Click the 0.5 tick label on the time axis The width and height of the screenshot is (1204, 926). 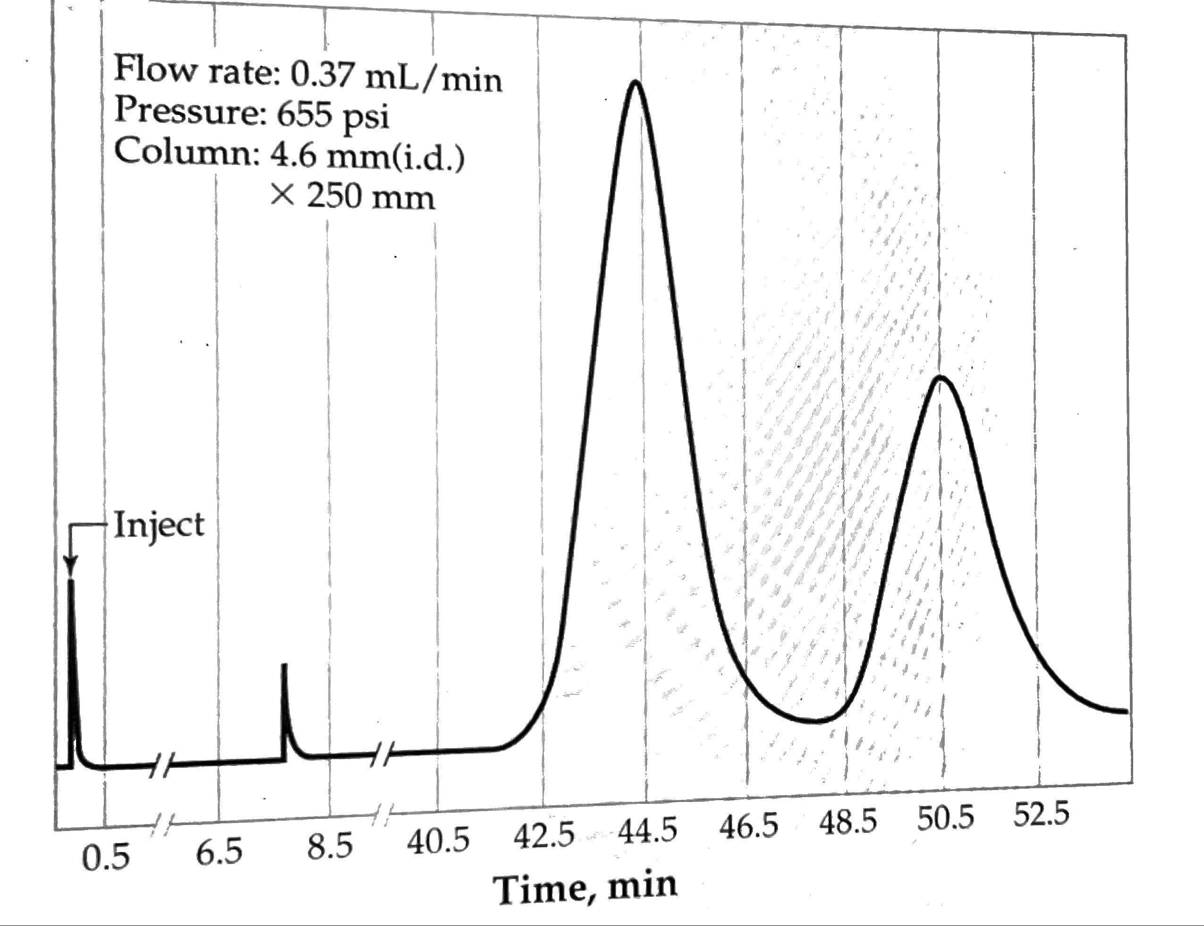point(106,858)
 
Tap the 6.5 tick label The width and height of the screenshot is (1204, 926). point(219,853)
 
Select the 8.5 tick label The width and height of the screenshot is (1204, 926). point(330,847)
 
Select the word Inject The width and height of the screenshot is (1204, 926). point(159,524)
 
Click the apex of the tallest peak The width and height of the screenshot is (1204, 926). point(636,83)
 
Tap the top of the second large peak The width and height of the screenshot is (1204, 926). point(941,378)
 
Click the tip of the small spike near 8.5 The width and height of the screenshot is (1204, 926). point(284,665)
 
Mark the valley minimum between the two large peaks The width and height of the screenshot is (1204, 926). point(817,721)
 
